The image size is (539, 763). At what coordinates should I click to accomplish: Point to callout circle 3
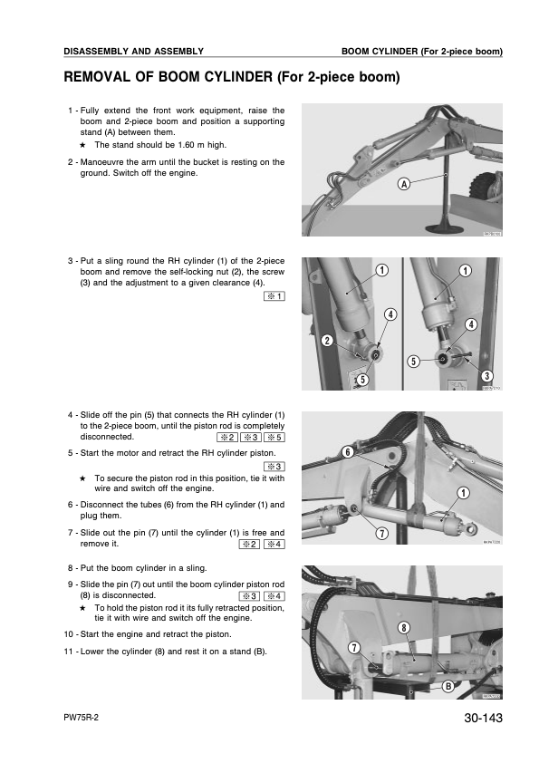click(x=487, y=375)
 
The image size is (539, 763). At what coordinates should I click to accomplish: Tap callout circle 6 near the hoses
click(x=347, y=451)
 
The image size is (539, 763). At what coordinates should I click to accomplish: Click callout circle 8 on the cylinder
click(x=404, y=626)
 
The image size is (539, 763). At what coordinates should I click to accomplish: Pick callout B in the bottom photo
click(x=448, y=686)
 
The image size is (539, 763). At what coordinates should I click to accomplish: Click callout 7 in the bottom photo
click(x=354, y=647)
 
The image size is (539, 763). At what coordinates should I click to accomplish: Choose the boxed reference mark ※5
click(x=274, y=437)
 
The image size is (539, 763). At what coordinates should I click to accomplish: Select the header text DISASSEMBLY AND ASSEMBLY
click(x=133, y=51)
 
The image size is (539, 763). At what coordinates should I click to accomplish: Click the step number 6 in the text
click(x=71, y=504)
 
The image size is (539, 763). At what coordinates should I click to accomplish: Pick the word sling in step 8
click(x=195, y=569)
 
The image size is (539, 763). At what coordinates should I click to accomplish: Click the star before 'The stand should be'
click(x=82, y=144)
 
